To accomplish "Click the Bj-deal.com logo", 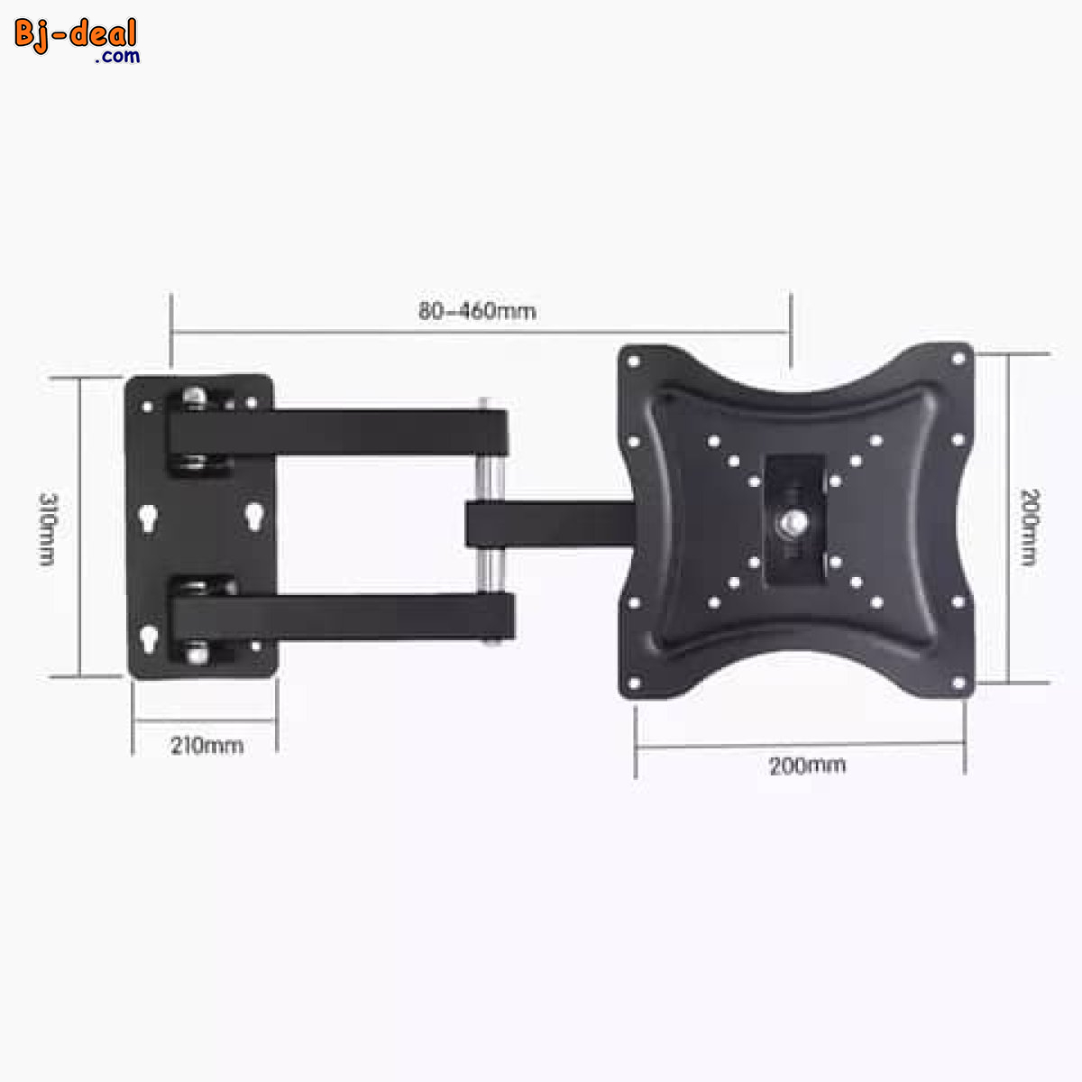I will pyautogui.click(x=77, y=40).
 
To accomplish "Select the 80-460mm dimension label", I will pyautogui.click(x=477, y=311).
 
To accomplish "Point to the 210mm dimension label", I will pyautogui.click(x=206, y=746).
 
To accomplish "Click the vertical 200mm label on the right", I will pyautogui.click(x=1029, y=527).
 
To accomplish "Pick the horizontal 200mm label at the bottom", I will pyautogui.click(x=807, y=766).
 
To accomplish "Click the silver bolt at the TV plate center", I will pyautogui.click(x=795, y=520).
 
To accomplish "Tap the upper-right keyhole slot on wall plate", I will pyautogui.click(x=255, y=517).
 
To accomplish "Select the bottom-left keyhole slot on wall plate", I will pyautogui.click(x=148, y=638).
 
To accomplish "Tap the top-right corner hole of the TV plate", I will pyautogui.click(x=958, y=358).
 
